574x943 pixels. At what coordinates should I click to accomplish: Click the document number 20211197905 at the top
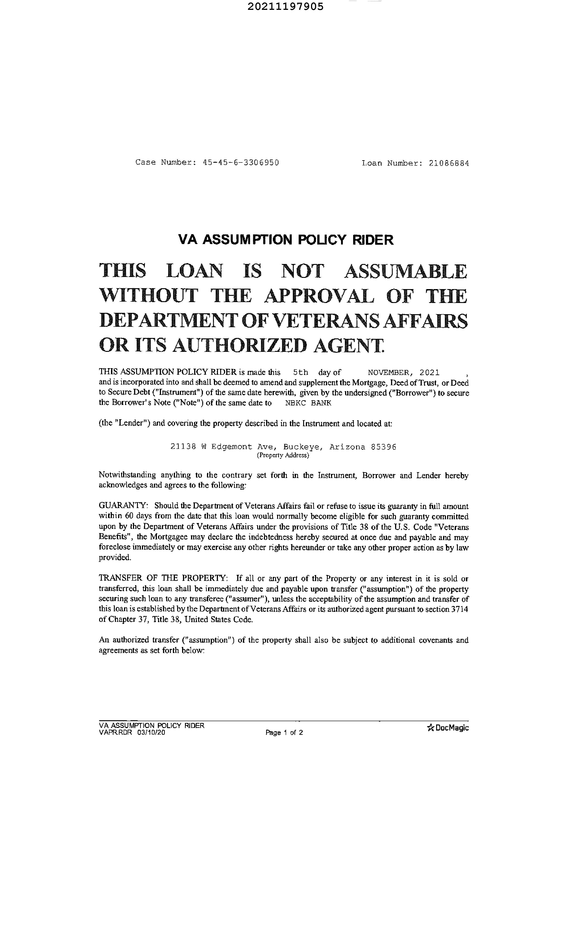coord(285,6)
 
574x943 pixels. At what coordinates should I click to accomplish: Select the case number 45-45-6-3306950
coord(241,162)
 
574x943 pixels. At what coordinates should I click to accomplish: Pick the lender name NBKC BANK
coord(308,403)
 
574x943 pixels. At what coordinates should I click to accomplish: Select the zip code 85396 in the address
coord(383,447)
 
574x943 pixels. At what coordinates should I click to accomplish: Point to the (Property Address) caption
coord(283,455)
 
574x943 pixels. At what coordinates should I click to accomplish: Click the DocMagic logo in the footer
coord(448,728)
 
